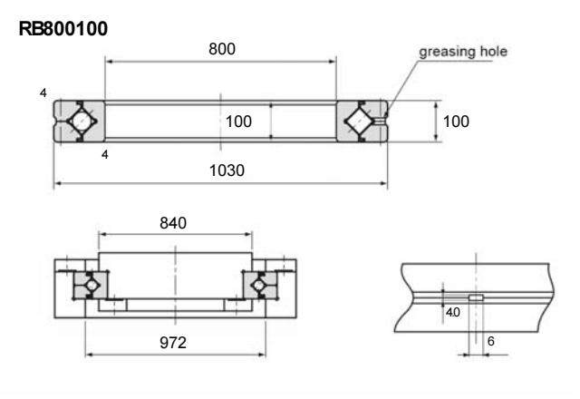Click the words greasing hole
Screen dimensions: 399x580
click(x=462, y=52)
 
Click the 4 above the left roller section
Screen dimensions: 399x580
click(x=43, y=93)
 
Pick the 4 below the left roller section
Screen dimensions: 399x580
click(x=105, y=155)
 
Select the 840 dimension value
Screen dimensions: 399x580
click(x=173, y=224)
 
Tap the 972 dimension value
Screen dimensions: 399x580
click(x=174, y=342)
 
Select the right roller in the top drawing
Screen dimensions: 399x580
click(x=362, y=121)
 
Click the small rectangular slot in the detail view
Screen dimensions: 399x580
click(x=476, y=297)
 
